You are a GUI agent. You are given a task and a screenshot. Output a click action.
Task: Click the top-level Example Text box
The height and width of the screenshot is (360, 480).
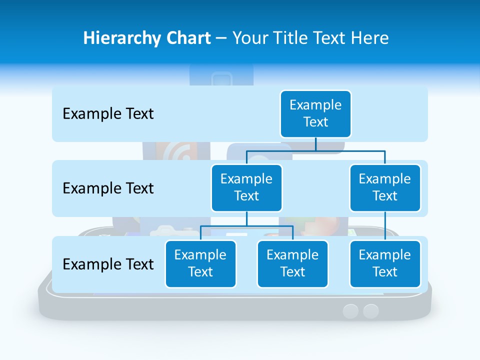point(315,113)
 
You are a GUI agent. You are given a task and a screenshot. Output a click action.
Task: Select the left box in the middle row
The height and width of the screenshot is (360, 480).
point(246,187)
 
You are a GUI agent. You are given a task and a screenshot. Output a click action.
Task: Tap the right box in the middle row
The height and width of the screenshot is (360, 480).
point(385,187)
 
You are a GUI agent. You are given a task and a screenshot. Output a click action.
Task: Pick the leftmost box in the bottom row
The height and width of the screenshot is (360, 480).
point(200,263)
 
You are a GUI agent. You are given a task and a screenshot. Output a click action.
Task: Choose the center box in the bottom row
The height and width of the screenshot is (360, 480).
point(292,263)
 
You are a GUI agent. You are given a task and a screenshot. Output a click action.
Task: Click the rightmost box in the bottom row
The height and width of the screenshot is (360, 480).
point(385,263)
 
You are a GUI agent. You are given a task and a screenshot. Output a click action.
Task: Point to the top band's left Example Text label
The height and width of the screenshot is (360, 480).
point(108,114)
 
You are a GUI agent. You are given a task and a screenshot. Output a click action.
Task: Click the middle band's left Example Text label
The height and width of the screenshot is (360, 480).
point(108,188)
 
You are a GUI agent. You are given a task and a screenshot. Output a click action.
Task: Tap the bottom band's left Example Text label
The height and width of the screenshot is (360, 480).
point(108,264)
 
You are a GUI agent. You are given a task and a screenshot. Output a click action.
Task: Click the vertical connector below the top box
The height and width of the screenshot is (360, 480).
point(315,144)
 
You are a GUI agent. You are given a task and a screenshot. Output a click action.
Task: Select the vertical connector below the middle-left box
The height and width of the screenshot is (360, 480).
point(246,219)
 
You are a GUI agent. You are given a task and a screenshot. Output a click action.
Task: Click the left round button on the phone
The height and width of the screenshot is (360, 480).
point(351,311)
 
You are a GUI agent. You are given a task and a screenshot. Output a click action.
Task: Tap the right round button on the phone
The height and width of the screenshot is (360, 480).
point(371,311)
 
